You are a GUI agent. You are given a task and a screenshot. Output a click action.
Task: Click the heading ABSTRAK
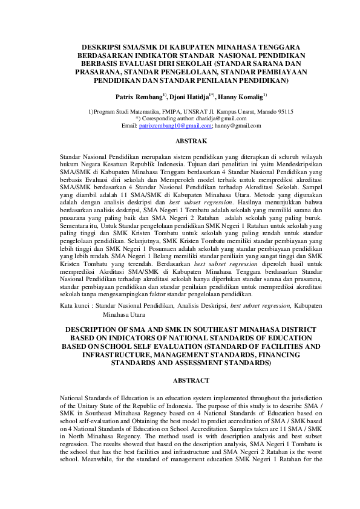191,141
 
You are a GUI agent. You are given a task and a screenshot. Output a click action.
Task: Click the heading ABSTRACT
191,381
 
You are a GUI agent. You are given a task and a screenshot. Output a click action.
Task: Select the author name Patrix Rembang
136,96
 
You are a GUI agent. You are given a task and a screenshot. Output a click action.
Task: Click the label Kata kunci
75,306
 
